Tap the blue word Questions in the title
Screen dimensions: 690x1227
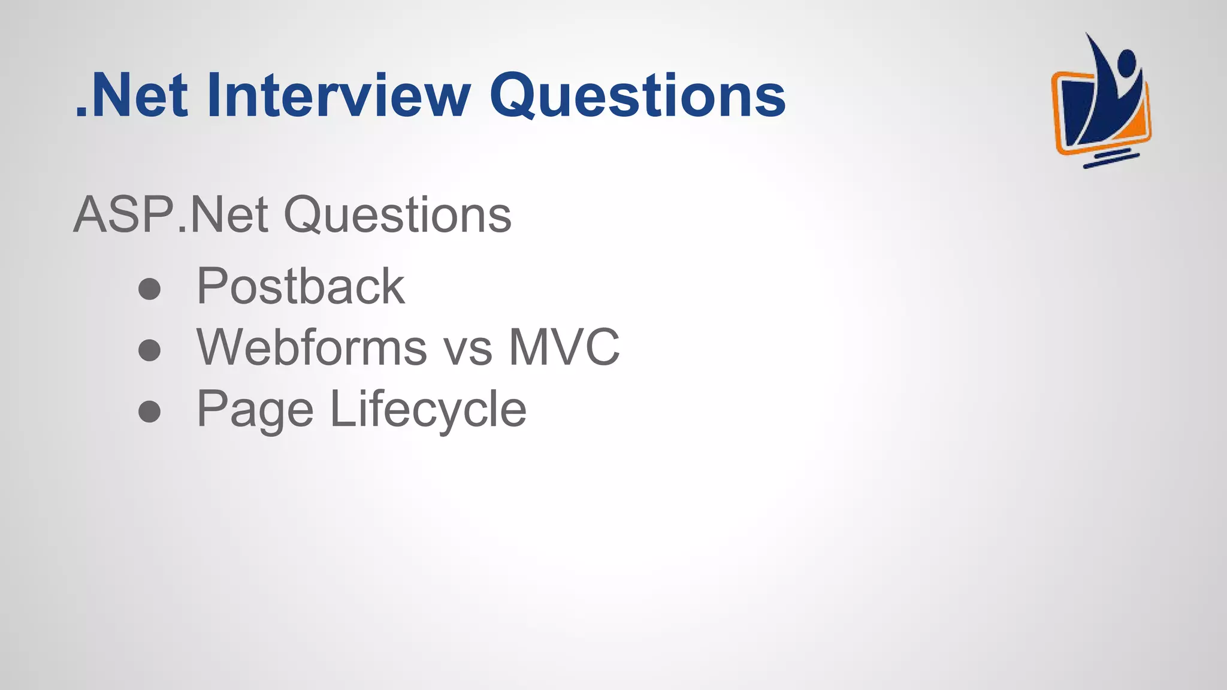pos(637,96)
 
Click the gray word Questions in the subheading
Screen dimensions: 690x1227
pos(397,215)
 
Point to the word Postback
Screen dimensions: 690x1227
pos(301,286)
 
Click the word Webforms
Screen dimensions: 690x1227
pos(312,347)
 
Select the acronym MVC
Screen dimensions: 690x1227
pos(564,347)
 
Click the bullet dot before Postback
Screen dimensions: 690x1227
pos(149,289)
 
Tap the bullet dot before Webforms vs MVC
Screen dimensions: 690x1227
pos(149,350)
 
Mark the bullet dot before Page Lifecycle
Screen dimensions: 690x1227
pos(149,411)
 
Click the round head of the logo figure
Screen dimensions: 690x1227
pos(1126,62)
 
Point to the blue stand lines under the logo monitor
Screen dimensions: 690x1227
pos(1111,159)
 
